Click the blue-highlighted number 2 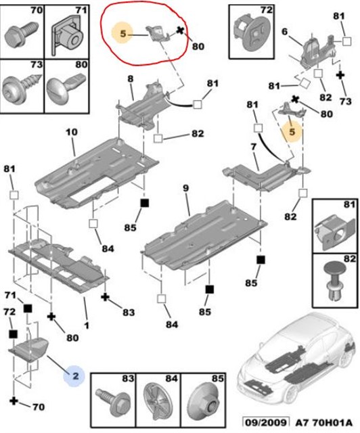point(75,376)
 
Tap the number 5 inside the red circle point(123,34)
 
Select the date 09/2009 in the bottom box point(266,423)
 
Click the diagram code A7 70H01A point(324,423)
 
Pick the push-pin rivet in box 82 point(335,279)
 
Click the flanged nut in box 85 point(204,401)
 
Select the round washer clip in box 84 point(158,401)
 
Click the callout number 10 point(72,132)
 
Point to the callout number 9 point(185,188)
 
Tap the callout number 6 point(285,32)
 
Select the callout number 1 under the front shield point(87,325)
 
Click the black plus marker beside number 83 point(105,297)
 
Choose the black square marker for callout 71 point(28,309)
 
